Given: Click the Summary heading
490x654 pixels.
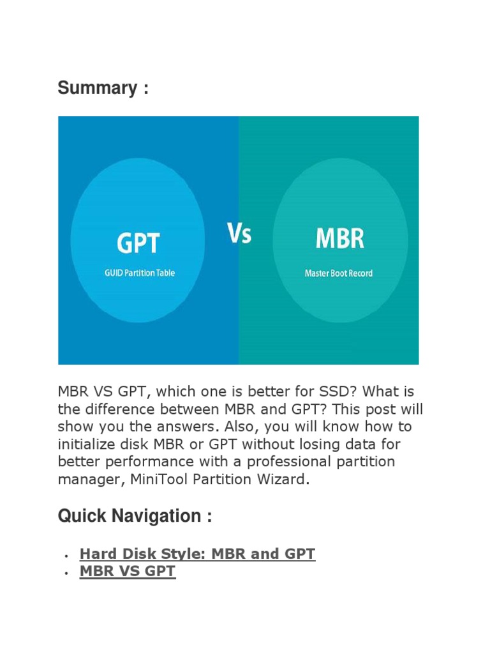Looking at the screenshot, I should point(103,88).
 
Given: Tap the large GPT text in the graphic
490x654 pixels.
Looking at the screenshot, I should point(138,243).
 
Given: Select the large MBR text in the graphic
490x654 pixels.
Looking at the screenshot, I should point(339,240).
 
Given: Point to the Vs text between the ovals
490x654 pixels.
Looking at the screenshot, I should point(239,234).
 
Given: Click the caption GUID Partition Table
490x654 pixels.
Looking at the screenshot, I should point(139,273).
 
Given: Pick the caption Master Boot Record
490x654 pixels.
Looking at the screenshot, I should point(338,273).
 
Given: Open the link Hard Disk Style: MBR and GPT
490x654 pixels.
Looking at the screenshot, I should point(197,554).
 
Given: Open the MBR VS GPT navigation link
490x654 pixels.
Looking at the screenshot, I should point(127,572).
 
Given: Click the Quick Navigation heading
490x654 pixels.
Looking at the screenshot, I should point(135,516).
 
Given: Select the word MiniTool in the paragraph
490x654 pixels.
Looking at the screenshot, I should point(163,480).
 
